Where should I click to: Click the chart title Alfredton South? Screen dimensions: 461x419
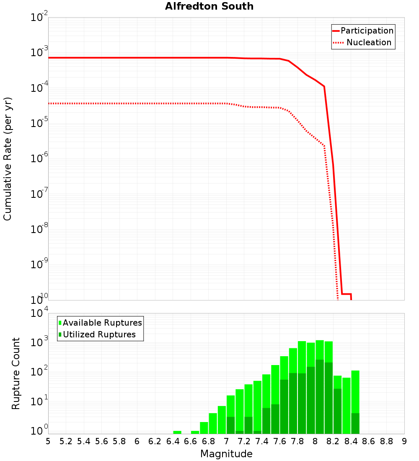click(209, 6)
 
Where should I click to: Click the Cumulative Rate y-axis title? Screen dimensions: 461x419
click(8, 158)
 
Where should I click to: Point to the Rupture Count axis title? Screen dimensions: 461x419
click(16, 373)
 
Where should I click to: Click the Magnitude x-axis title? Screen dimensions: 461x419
click(226, 454)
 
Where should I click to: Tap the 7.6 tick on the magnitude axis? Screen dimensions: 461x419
click(279, 441)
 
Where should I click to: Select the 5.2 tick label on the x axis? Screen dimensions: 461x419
click(66, 441)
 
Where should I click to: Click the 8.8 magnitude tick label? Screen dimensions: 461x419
click(386, 441)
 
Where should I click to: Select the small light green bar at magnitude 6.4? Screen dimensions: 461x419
click(177, 432)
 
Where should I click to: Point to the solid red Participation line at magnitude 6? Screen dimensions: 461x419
click(137, 58)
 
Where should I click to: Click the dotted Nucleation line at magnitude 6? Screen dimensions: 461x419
click(137, 103)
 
